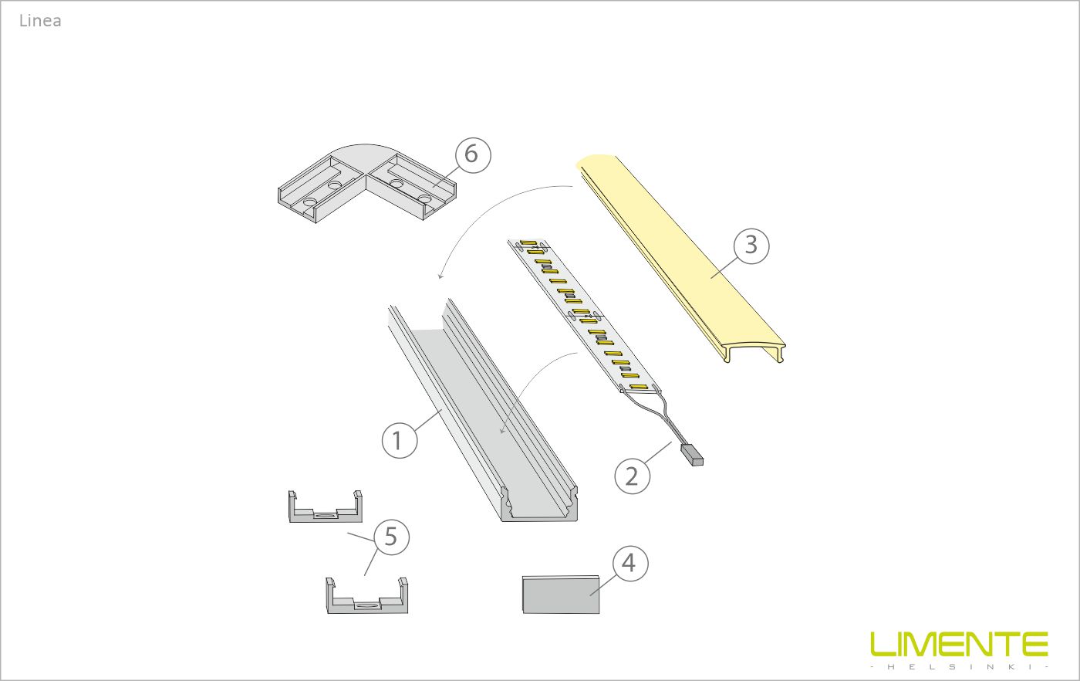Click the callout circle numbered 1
pyautogui.click(x=399, y=440)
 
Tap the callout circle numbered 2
pyautogui.click(x=632, y=476)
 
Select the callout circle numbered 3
pyautogui.click(x=751, y=246)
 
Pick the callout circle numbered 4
pyautogui.click(x=629, y=564)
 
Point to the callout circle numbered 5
pyautogui.click(x=390, y=536)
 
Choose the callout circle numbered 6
pyautogui.click(x=471, y=154)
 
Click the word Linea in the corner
pyautogui.click(x=40, y=21)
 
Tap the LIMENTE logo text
pyautogui.click(x=959, y=644)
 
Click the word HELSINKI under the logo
pyautogui.click(x=959, y=666)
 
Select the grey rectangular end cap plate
pyautogui.click(x=561, y=595)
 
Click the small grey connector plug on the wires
pyautogui.click(x=691, y=455)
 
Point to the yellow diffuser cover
pyautogui.click(x=679, y=255)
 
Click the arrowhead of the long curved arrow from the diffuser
pyautogui.click(x=440, y=276)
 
